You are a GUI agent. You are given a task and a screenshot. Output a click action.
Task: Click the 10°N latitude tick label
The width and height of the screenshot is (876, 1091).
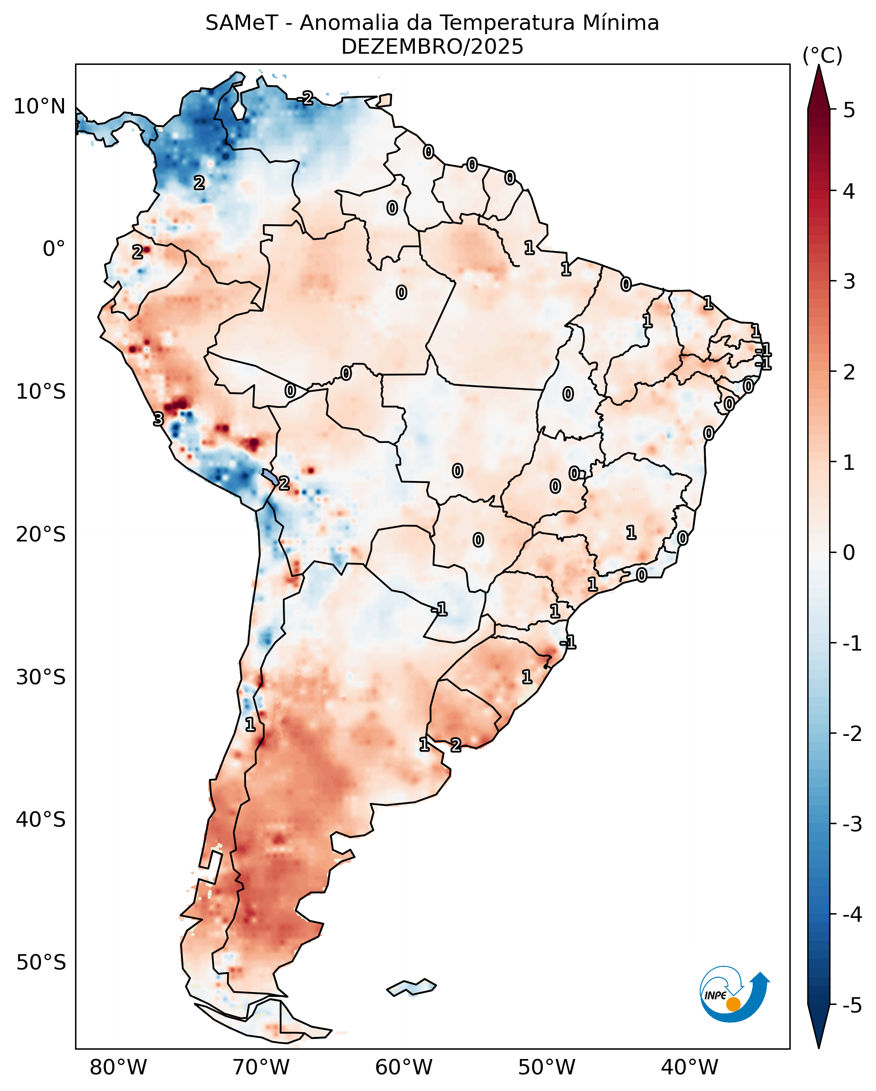coord(40,107)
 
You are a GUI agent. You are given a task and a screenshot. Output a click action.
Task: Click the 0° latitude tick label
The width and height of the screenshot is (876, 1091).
coord(54,249)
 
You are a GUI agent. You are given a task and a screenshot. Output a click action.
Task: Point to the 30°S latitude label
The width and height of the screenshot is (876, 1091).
coord(41,677)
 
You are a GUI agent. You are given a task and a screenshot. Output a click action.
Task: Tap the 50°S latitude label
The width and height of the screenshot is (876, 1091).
coord(41,963)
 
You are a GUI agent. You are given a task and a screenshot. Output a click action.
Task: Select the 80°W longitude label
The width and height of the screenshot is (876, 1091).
coord(118,1067)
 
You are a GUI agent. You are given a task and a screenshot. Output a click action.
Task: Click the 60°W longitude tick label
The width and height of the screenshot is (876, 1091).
coord(404,1067)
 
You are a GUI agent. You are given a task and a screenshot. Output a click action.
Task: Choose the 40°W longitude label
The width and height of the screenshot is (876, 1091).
coord(689,1067)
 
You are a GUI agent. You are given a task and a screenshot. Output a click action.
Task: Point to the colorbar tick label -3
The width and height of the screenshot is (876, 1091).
coord(852,824)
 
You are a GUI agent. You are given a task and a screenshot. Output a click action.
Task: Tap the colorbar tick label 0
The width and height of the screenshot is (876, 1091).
coord(849,553)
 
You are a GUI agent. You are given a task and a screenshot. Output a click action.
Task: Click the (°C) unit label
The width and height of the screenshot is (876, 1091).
coord(822,56)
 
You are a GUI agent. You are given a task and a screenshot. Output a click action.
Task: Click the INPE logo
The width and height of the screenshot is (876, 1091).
coord(734,996)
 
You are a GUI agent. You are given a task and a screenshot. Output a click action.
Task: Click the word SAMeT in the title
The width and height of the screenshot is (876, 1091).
coord(242,23)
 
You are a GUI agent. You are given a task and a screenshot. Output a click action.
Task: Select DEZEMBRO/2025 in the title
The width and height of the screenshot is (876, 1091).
coord(432,47)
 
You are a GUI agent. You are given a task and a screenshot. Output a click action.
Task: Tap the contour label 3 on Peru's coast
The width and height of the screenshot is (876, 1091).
coord(158,419)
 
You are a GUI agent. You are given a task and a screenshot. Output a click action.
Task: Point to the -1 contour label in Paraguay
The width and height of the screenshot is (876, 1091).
coord(439,609)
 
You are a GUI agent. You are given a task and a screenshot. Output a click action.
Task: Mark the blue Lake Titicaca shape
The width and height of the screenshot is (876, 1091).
coord(270,476)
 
